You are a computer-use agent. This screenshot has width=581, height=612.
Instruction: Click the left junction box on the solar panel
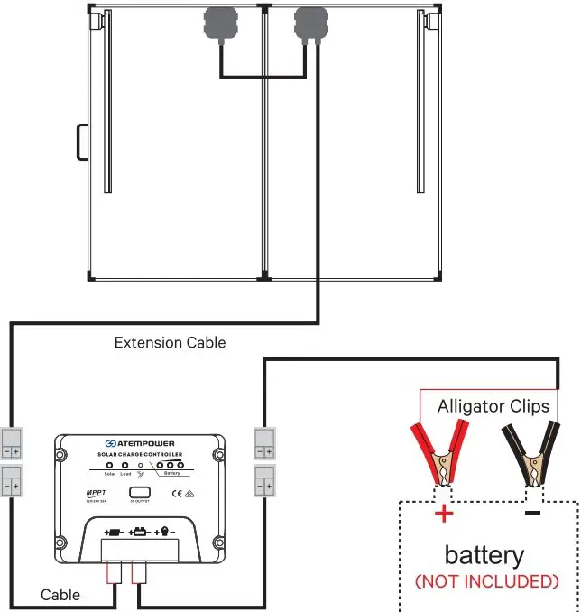coord(219,23)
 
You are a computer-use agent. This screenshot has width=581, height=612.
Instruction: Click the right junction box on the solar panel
coord(311,23)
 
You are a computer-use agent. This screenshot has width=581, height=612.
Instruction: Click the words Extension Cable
coord(170,343)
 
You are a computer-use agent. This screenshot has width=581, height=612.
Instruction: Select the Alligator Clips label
coord(493,406)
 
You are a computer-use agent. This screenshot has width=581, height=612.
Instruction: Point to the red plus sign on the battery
coord(444,515)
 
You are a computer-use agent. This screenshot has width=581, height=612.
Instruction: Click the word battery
coord(484,554)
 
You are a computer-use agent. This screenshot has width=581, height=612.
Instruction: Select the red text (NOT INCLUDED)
coord(486,580)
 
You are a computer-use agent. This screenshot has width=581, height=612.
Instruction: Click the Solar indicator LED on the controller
coord(109,466)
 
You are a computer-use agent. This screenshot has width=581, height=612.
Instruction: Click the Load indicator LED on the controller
coord(125,466)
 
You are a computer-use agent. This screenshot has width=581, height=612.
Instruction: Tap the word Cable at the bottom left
coord(60,595)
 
